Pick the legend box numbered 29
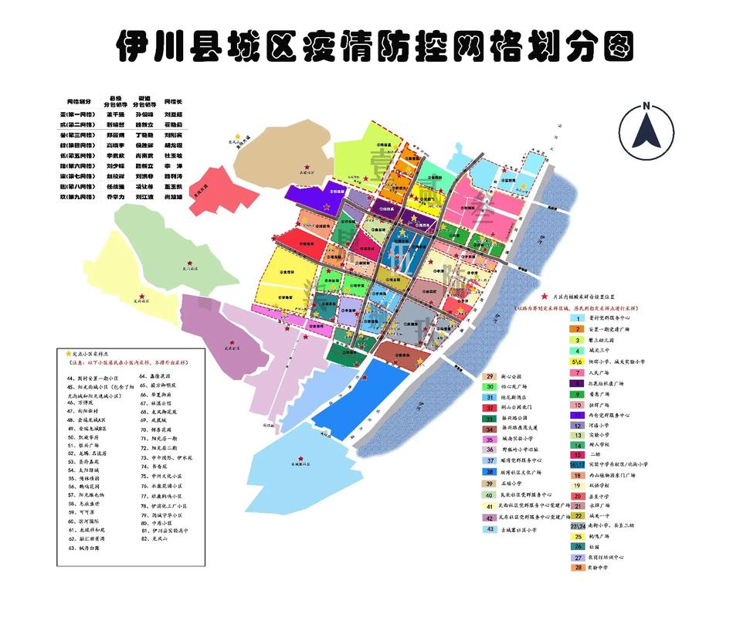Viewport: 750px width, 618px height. pos(490,376)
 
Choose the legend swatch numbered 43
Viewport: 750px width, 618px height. pos(490,529)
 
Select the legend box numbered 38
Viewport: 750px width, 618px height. pos(490,471)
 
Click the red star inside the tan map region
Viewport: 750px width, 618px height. pos(307,167)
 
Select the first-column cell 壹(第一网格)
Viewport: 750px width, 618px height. pos(80,113)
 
